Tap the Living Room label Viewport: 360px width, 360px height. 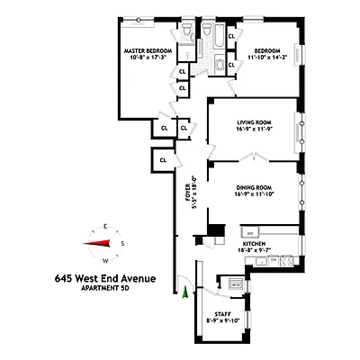point(255,121)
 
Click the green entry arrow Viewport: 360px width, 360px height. point(185,291)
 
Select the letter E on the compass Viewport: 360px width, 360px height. point(107,224)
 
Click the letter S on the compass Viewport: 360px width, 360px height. point(124,244)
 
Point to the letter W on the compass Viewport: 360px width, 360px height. point(107,262)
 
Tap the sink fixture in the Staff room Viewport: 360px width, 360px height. point(235,284)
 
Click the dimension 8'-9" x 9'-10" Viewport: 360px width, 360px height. point(217,319)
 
